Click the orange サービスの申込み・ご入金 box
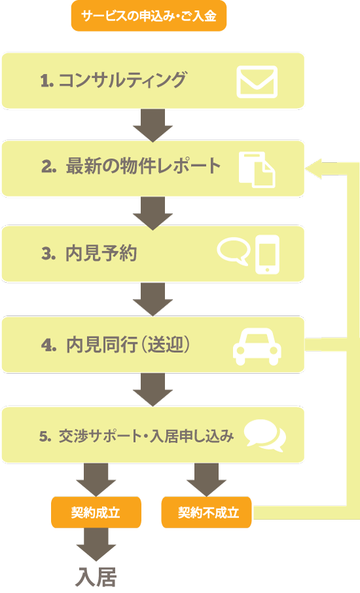tap(149, 16)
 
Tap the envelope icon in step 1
tap(257, 82)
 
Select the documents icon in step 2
tap(257, 170)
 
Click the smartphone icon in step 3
tap(267, 254)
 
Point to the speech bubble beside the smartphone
tap(234, 251)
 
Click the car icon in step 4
tap(257, 346)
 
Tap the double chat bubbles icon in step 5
tap(265, 436)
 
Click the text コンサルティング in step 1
tap(122, 80)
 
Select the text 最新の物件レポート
tap(143, 166)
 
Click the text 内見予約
tap(101, 253)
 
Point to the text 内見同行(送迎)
tap(128, 344)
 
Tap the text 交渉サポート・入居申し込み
tap(146, 436)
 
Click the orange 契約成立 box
tap(96, 512)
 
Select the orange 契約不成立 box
tap(206, 512)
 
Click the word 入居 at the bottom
tap(96, 577)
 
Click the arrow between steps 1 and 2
tap(153, 125)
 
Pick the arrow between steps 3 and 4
tap(153, 299)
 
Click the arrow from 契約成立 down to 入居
tap(96, 545)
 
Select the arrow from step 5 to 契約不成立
tap(206, 480)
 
